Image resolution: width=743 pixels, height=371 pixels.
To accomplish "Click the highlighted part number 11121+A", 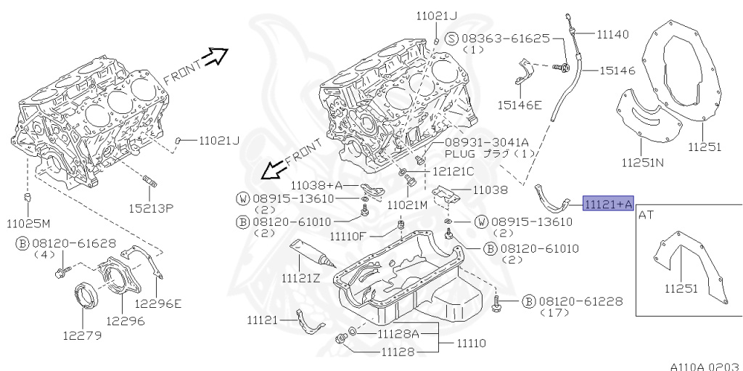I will [609, 204].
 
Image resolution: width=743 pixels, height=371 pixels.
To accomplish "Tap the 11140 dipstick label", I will [613, 34].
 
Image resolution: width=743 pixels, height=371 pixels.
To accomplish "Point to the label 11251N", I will [642, 161].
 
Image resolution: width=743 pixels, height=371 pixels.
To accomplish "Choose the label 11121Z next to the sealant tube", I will [302, 277].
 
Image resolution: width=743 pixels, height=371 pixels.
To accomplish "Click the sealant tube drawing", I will [311, 254].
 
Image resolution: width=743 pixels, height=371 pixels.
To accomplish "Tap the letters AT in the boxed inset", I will [646, 215].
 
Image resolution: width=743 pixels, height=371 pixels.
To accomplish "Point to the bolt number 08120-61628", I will [67, 245].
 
